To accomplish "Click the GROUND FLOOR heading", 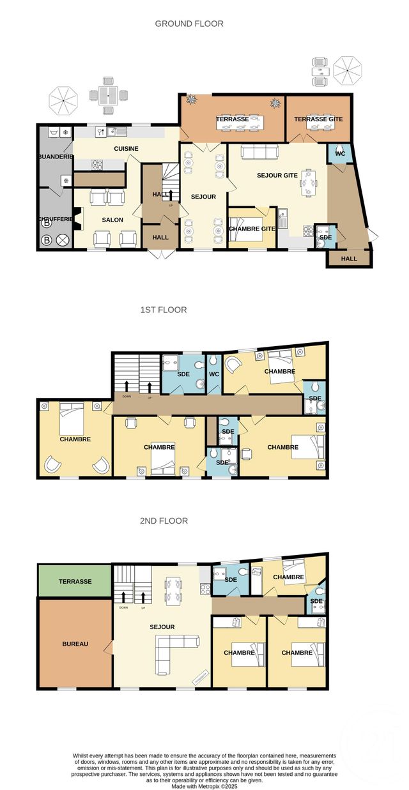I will pos(189,24).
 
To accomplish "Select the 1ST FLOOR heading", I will pos(164,310).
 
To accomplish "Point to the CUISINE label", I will pos(127,149).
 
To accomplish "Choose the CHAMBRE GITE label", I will pos(252,229).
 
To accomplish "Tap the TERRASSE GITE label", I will pos(318,119).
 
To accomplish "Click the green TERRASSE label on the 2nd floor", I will pos(75,582).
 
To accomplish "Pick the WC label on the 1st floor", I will pos(213,374).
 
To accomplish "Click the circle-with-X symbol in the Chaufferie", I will pos(63,241).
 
